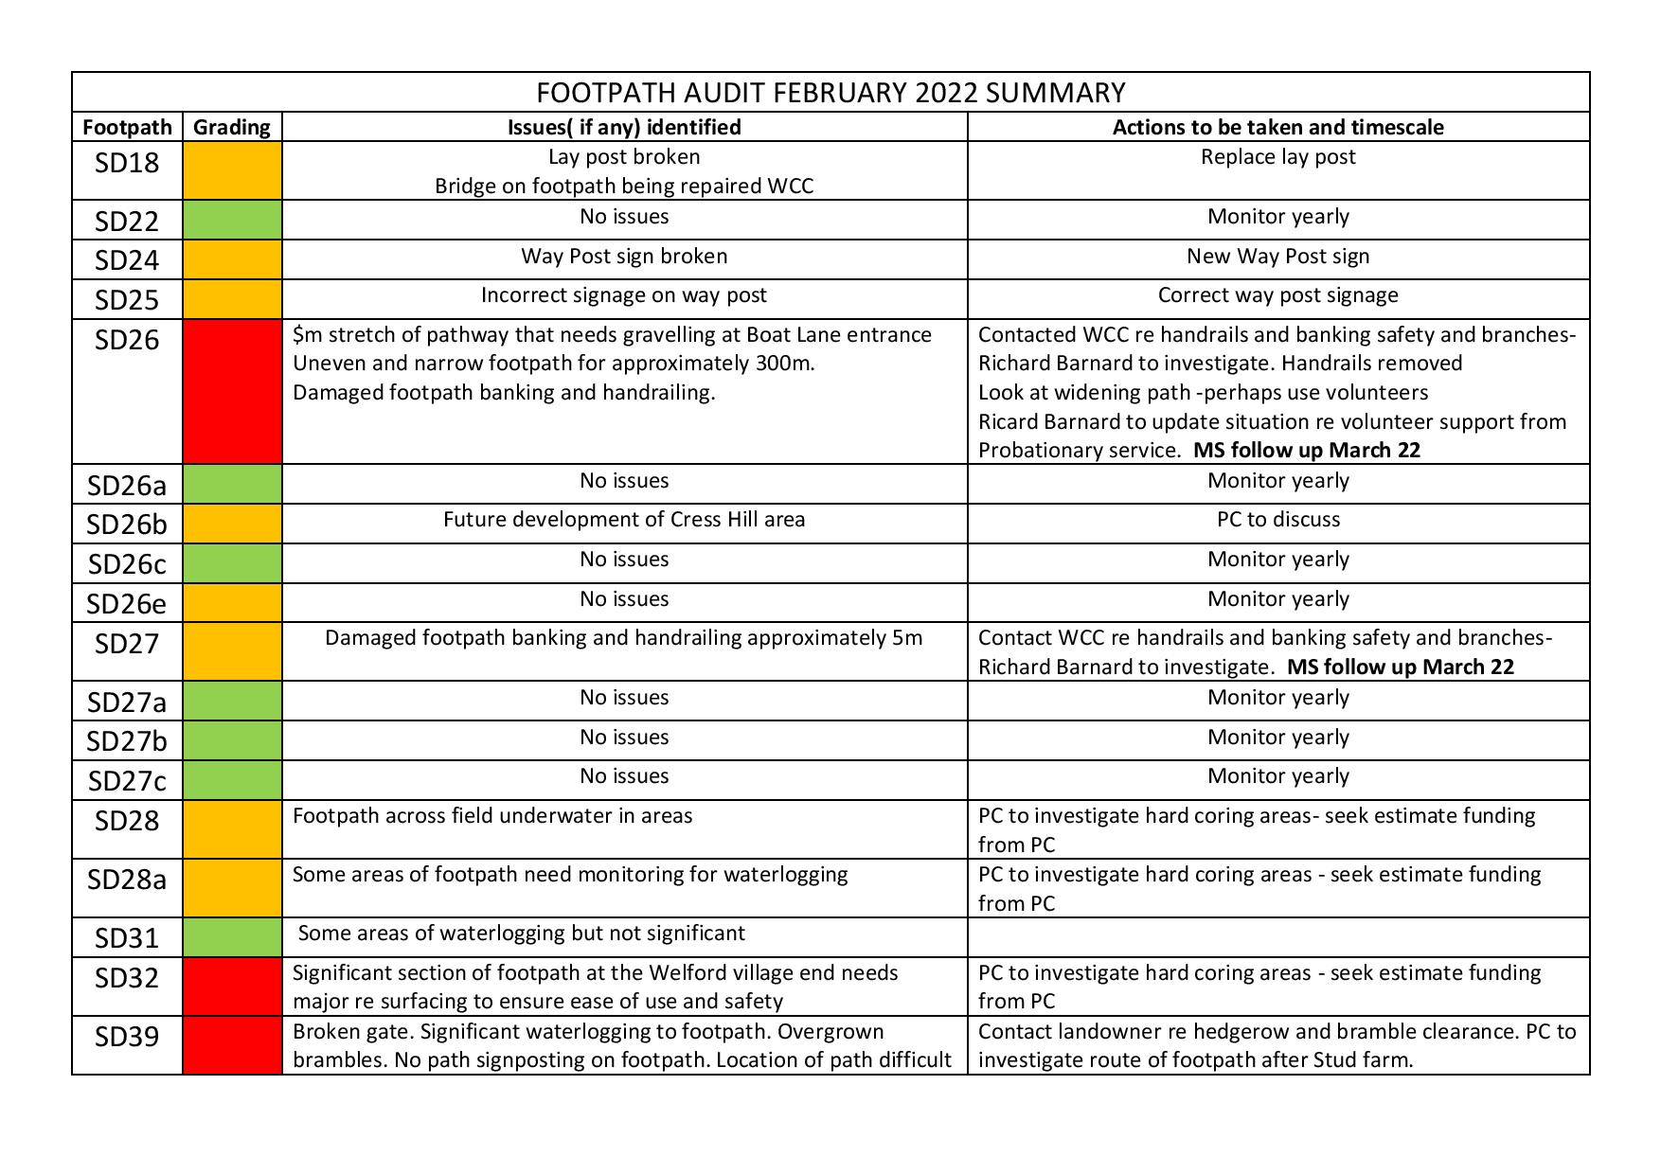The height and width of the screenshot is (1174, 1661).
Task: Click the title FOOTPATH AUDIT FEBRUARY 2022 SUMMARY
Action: coord(830,93)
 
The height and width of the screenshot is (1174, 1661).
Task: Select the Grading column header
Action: coord(232,127)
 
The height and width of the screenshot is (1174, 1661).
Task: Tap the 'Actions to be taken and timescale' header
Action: coord(1277,127)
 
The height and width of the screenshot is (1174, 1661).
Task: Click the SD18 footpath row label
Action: coord(127,164)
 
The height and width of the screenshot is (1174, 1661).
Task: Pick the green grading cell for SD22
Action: coord(232,220)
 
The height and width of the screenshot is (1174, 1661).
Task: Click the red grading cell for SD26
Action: coord(232,391)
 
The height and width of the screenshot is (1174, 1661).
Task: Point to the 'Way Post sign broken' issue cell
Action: coord(624,257)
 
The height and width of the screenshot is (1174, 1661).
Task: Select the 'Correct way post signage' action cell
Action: coord(1277,295)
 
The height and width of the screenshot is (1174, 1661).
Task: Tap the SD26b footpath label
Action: coord(127,524)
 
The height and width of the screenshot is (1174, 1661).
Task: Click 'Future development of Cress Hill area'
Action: coord(624,520)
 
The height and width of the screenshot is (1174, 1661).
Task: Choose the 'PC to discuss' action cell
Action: coord(1277,520)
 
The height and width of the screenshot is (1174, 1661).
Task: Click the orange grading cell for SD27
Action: coord(232,651)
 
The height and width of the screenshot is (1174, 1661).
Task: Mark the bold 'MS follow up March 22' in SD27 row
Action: coord(1400,667)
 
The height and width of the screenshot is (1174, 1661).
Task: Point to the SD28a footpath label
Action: coord(127,880)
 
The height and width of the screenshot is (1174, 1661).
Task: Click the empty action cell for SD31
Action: coord(1277,937)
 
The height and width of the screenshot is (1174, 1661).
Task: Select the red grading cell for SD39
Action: coord(232,1045)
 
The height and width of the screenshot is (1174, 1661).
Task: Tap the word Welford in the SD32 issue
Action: coord(688,973)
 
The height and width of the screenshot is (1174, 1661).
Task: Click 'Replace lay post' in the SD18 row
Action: coord(1277,157)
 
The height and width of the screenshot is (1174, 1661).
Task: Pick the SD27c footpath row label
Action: coord(127,781)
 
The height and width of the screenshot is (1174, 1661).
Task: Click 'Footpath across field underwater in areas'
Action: coord(492,816)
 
